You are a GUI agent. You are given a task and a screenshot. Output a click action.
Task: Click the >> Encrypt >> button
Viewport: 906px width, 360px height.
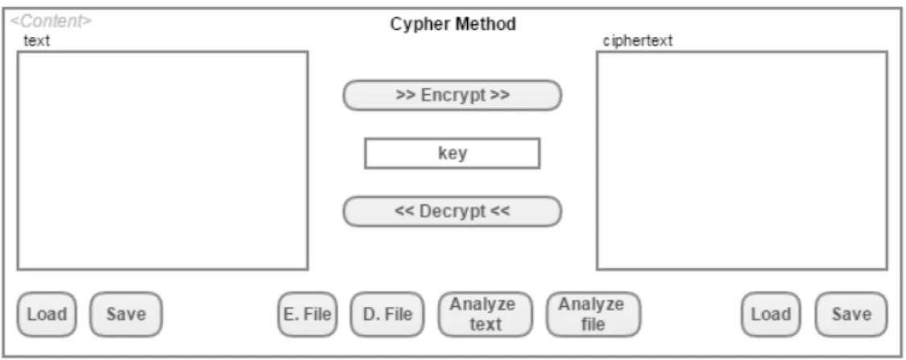[x=453, y=95]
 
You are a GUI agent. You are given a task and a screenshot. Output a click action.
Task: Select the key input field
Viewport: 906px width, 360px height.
[x=453, y=153]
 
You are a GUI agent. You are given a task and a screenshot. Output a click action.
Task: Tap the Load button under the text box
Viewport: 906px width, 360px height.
[x=46, y=314]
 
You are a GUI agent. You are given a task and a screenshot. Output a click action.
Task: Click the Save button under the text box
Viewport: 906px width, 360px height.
[x=126, y=314]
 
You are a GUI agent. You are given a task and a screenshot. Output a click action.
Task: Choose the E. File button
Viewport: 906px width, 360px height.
[x=308, y=314]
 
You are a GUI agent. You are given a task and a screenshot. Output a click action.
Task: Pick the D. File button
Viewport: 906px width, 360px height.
[x=387, y=314]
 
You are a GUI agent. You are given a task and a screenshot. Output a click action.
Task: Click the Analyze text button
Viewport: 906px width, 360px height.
[x=486, y=314]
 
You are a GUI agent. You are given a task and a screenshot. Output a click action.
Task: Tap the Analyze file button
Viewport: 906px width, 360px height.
[x=594, y=314]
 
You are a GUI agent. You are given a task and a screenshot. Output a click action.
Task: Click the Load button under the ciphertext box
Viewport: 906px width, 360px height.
[x=771, y=314]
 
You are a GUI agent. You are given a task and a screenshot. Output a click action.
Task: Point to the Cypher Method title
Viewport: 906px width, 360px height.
[x=453, y=24]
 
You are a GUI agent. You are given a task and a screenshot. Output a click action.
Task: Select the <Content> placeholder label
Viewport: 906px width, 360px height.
[x=51, y=22]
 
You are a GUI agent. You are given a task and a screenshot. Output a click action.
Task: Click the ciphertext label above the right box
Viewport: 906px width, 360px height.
[x=637, y=41]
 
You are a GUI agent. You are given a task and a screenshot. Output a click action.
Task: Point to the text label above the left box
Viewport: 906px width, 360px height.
[x=36, y=41]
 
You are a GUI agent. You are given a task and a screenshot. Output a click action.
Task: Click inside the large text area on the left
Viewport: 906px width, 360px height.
[x=163, y=160]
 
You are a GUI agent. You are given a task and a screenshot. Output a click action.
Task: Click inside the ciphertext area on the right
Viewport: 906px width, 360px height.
[x=742, y=160]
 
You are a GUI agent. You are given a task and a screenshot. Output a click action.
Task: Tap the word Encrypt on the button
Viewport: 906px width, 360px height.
[x=453, y=95]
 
